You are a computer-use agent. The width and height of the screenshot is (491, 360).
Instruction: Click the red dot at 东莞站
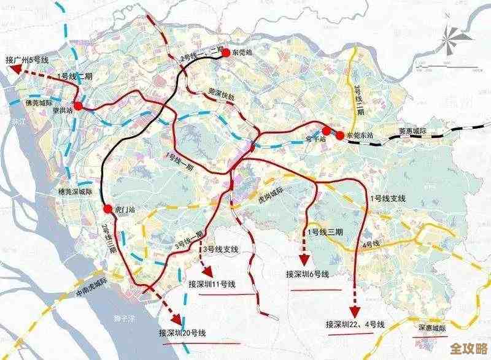[226, 53]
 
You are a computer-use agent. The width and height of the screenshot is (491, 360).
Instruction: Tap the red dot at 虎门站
[108, 209]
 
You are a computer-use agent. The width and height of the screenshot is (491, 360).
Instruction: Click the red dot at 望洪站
[78, 105]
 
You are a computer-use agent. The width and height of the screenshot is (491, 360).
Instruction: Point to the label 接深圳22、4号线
[355, 324]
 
